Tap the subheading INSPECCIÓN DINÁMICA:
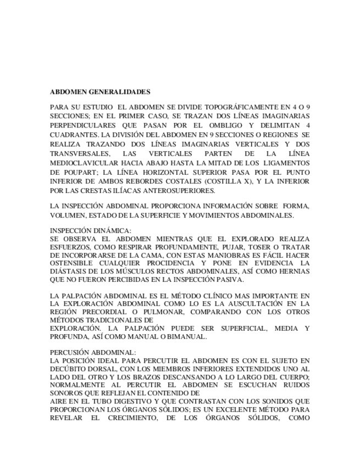click(x=90, y=231)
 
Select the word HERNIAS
click(x=295, y=271)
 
